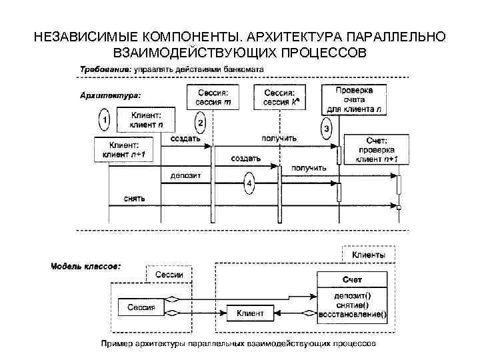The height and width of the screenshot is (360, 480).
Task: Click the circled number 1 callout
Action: [x=105, y=120]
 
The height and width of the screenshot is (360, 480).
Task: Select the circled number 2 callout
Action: [x=201, y=123]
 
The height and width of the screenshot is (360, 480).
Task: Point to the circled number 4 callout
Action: [x=249, y=182]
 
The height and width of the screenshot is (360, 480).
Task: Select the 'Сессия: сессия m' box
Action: [x=214, y=97]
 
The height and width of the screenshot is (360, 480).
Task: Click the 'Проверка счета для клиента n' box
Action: [x=355, y=99]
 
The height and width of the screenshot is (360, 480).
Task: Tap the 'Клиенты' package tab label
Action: [x=369, y=255]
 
